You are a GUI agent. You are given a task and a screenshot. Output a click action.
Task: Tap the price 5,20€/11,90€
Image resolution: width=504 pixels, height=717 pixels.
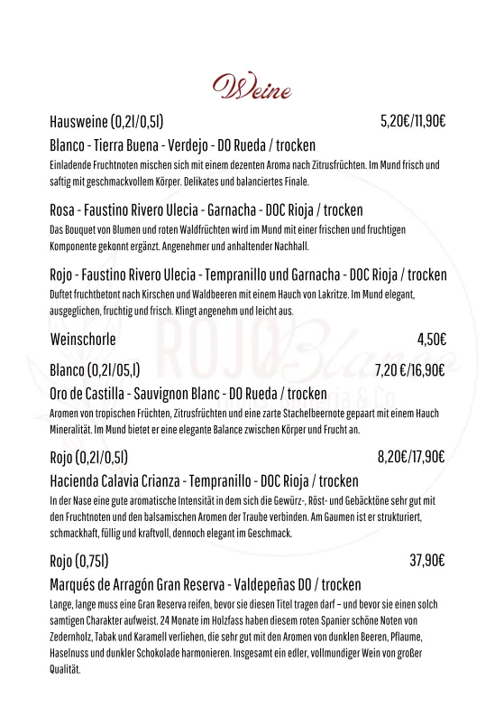[414, 122]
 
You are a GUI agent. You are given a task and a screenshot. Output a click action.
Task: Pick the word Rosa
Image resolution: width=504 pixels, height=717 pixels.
[64, 209]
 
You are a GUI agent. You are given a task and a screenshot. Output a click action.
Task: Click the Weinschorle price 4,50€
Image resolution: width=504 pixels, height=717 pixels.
[432, 340]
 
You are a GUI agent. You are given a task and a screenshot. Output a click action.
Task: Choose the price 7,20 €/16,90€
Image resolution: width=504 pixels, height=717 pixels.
[410, 369]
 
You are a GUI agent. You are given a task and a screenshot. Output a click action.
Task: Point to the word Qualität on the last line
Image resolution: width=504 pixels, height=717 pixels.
[65, 669]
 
